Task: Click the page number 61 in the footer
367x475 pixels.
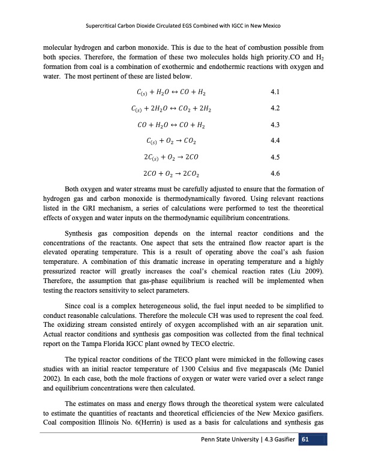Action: point(305,458)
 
